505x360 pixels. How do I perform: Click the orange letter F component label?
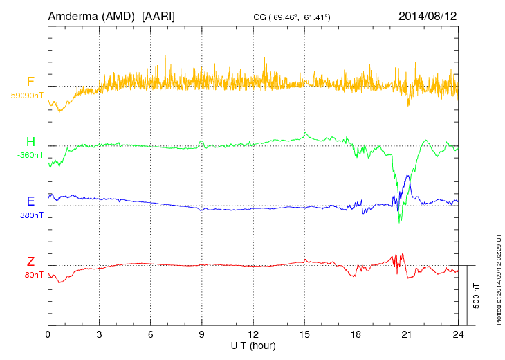click(30, 82)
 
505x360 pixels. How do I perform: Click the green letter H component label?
click(30, 142)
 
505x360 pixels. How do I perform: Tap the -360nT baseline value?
click(30, 155)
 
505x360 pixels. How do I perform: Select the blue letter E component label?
click(30, 201)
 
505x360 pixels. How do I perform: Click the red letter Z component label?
click(30, 262)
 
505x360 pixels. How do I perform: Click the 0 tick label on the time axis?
click(48, 334)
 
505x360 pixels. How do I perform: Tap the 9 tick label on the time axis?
click(201, 334)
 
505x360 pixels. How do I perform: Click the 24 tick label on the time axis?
click(457, 334)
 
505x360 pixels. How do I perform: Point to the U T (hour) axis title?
click(252, 345)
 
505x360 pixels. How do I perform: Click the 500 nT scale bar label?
click(476, 296)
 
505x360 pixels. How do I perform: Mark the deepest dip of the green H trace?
click(399, 222)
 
